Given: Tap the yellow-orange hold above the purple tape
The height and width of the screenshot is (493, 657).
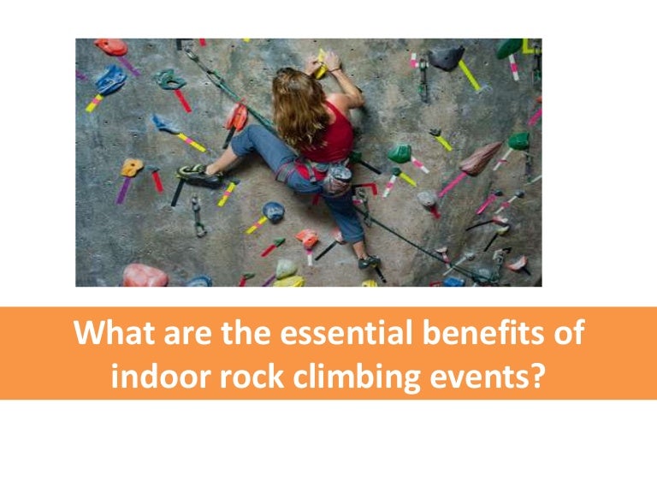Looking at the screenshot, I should [x=131, y=167].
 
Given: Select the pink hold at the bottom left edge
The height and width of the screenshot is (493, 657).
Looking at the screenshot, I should [x=144, y=275].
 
